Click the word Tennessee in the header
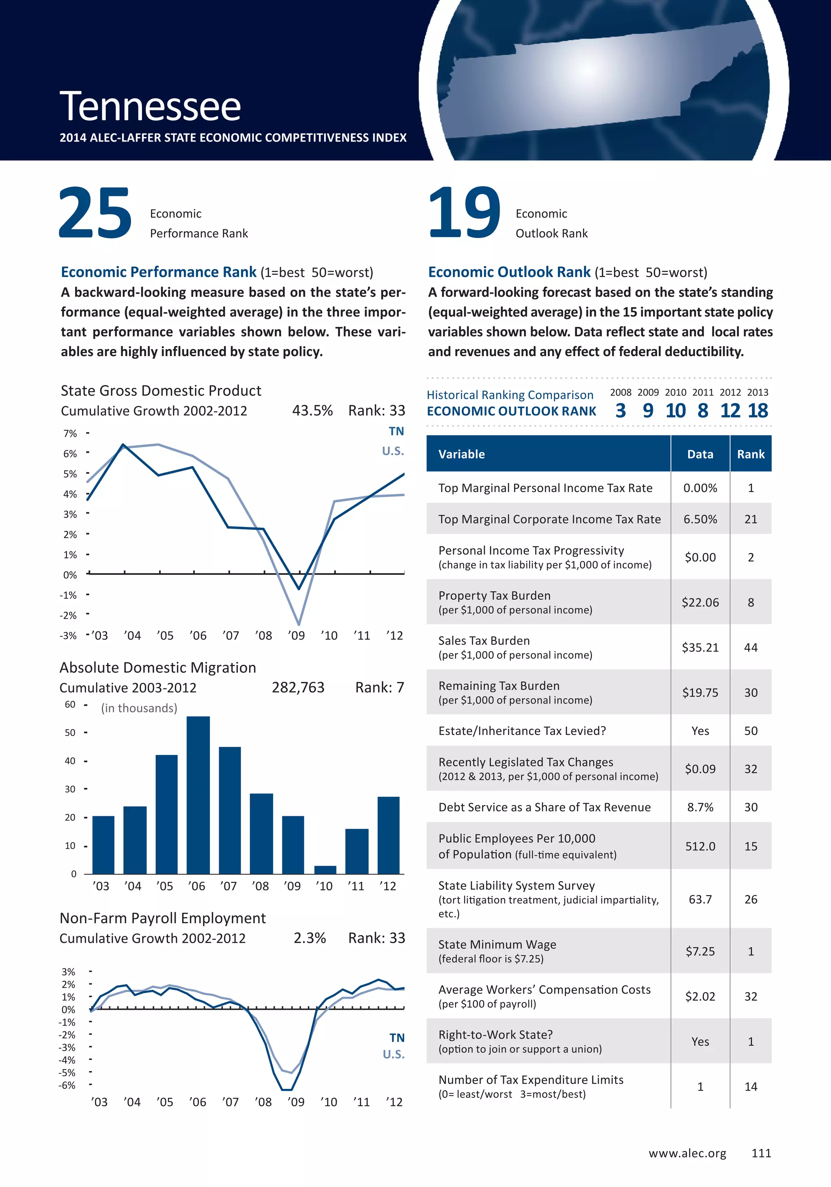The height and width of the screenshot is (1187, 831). point(150,106)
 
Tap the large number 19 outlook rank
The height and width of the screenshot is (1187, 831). point(464,213)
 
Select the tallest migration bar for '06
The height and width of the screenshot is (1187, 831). point(198,795)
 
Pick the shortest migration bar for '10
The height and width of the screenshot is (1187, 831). point(325,870)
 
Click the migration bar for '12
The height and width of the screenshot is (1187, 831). point(388,835)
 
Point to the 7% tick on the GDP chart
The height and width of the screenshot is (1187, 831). point(70,433)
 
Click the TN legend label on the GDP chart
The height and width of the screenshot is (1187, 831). point(396,431)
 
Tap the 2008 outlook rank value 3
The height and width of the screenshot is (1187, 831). point(620,411)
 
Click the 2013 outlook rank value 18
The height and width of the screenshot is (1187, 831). point(758,411)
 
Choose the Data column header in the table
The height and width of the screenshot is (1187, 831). point(700,454)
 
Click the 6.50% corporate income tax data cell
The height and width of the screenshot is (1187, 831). point(700,519)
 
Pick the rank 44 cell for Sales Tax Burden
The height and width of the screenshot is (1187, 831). point(750,647)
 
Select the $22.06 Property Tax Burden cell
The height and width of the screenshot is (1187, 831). point(700,602)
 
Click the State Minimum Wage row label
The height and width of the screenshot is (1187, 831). point(497,944)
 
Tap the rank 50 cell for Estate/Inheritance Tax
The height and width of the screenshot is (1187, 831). point(750,731)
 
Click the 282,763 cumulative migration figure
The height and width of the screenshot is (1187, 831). point(298,687)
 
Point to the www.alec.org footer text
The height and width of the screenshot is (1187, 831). point(687,1153)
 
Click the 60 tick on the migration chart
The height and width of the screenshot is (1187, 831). point(70,704)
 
